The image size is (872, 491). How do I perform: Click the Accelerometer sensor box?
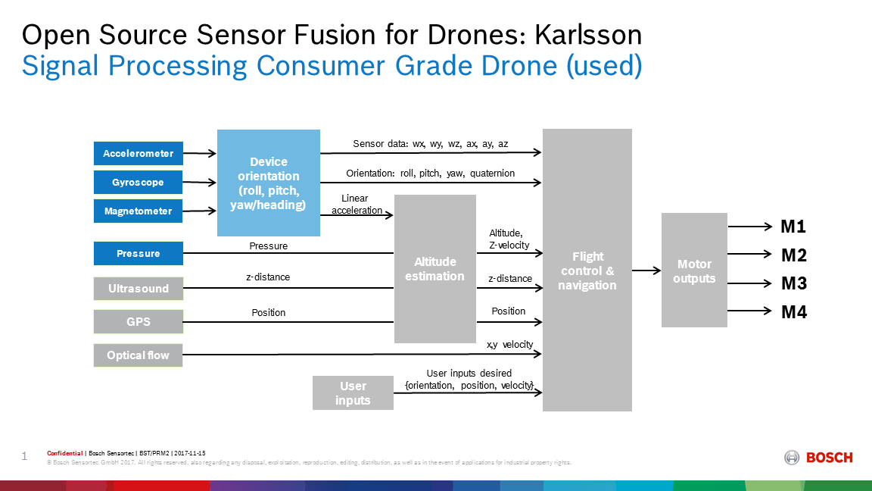tap(138, 154)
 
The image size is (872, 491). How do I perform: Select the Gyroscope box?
tap(138, 182)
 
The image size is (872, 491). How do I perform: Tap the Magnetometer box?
tap(138, 211)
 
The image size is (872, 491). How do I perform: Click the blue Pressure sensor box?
tap(138, 253)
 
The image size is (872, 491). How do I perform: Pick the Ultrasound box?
tap(138, 289)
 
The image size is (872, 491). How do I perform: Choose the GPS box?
tap(138, 322)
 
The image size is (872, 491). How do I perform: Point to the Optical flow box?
tap(138, 355)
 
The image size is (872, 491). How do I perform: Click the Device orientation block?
tap(269, 183)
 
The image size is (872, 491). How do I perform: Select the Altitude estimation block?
tap(435, 269)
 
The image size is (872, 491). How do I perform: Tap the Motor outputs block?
tap(694, 270)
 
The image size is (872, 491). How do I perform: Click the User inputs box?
tap(353, 393)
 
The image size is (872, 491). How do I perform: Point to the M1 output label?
tap(793, 227)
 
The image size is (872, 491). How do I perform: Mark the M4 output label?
tap(793, 311)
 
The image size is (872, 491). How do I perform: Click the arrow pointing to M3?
tap(749, 283)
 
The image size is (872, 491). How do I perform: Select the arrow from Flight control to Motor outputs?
tap(646, 271)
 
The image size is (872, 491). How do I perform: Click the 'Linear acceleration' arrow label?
tap(357, 205)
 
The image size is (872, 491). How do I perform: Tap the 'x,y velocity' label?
tap(510, 345)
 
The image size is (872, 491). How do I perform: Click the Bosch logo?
tap(818, 458)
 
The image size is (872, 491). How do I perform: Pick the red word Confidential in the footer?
tap(64, 453)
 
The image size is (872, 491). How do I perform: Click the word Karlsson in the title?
tap(588, 35)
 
